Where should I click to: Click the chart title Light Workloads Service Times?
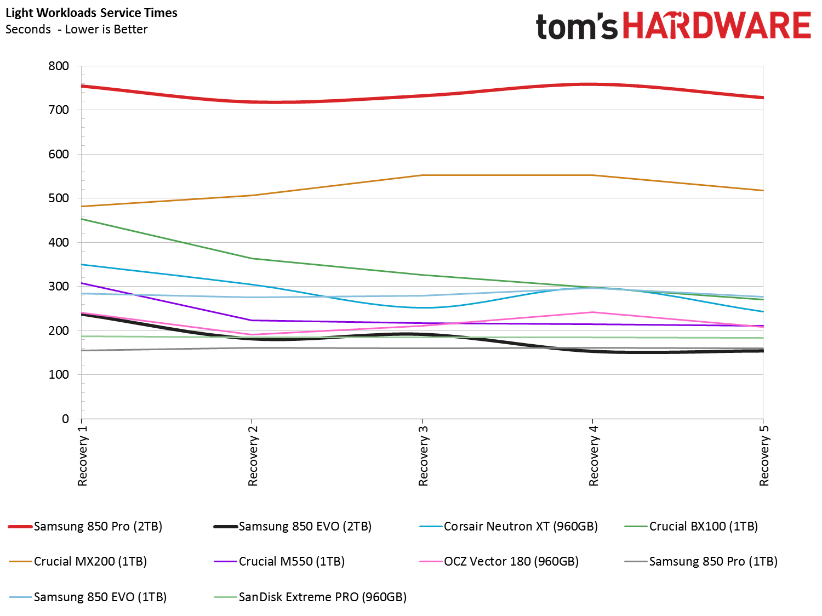[92, 13]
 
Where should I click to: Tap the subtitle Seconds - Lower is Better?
[76, 30]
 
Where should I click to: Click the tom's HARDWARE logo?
[673, 26]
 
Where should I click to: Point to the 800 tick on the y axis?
[59, 66]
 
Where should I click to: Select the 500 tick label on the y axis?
[59, 198]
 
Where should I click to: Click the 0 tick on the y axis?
[65, 419]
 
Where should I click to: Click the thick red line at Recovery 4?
[592, 84]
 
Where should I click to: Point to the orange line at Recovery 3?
[422, 175]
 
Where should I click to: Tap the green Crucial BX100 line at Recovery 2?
[252, 258]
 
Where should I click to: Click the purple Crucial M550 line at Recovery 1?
[82, 283]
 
